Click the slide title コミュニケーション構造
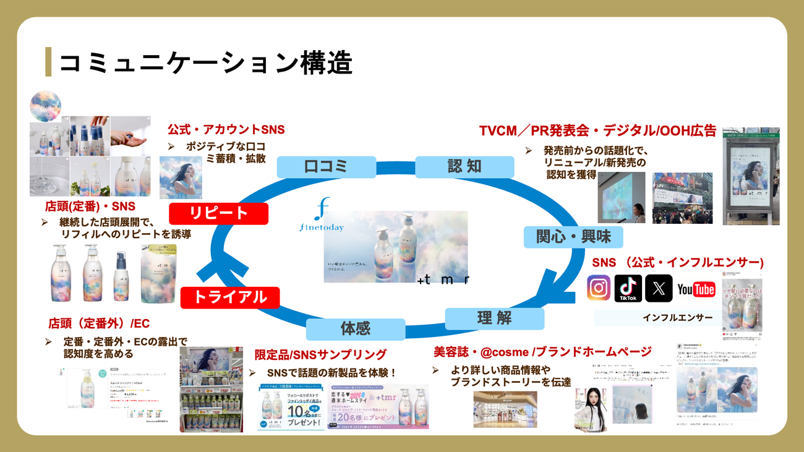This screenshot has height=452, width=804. (x=205, y=62)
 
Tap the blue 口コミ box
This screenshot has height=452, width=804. (x=326, y=167)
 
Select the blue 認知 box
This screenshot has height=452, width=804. (x=464, y=167)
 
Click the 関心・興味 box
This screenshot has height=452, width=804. (x=573, y=237)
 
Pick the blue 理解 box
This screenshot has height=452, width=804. (x=494, y=318)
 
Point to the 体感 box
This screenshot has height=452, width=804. (x=356, y=328)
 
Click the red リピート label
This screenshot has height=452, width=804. (x=218, y=213)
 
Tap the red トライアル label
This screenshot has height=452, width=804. (x=230, y=297)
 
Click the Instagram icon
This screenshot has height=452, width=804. (x=598, y=289)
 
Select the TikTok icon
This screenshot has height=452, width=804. (x=628, y=289)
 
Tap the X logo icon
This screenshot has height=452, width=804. (x=658, y=289)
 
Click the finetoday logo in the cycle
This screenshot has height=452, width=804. (x=322, y=216)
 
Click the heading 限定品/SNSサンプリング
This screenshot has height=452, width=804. (x=320, y=354)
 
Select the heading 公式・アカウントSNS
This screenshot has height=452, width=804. (x=226, y=129)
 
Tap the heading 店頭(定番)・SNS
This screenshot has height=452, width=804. (x=90, y=207)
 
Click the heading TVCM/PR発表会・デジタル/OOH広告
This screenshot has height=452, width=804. (x=597, y=131)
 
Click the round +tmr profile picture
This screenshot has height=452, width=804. (x=46, y=105)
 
